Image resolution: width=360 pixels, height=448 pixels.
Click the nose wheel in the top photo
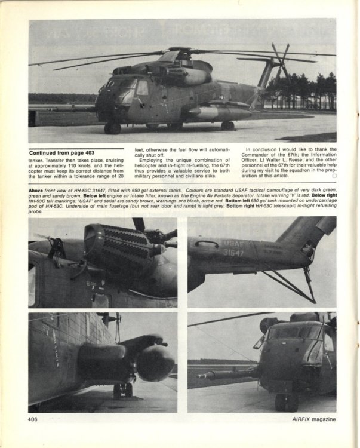pyautogui.click(x=112, y=128)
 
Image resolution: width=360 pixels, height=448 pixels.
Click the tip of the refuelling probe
pyautogui.click(x=192, y=377)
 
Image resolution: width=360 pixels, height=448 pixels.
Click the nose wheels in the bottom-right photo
pyautogui.click(x=285, y=401)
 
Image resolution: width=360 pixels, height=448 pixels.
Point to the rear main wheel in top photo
pyautogui.click(x=227, y=125)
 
